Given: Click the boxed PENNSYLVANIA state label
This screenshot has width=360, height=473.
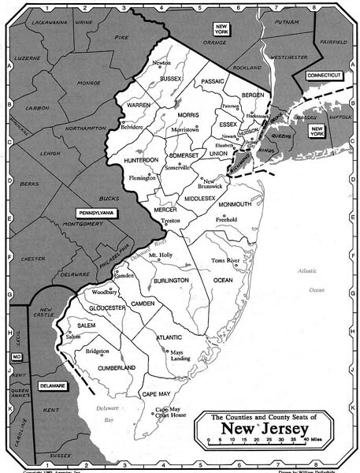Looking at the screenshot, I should point(96,213).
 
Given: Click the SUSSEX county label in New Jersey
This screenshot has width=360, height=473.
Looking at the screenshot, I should point(171,79).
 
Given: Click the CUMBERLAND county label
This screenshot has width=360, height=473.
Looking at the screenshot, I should point(117,367).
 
